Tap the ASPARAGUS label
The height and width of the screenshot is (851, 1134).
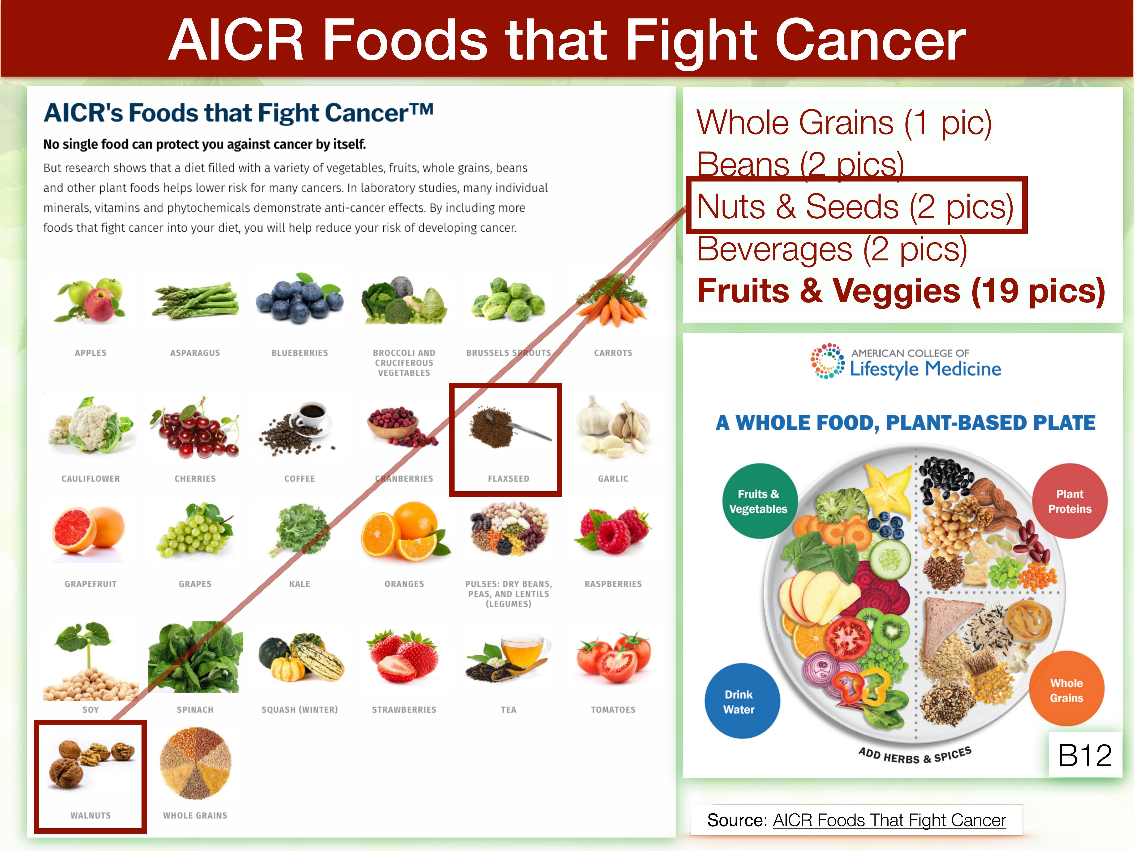coord(195,353)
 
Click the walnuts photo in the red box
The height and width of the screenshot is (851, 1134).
coord(91,764)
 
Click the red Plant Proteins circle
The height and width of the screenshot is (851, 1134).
coord(1070,501)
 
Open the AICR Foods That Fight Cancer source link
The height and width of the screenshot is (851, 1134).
coord(889,820)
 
